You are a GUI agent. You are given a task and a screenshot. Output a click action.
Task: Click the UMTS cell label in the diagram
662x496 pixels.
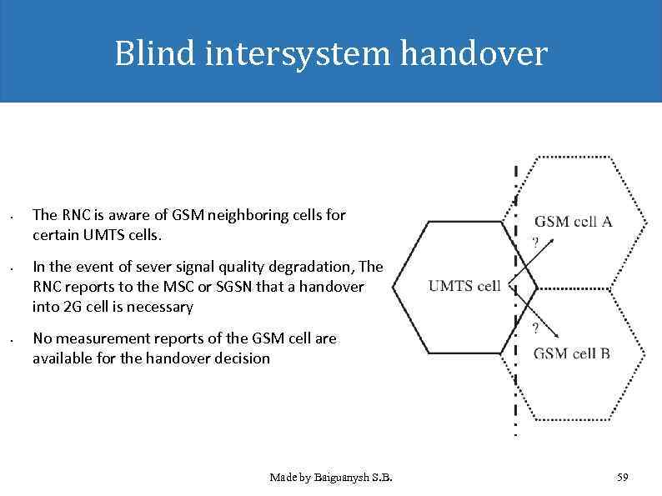[464, 286]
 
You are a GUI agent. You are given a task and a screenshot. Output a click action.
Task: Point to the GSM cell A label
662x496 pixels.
[573, 221]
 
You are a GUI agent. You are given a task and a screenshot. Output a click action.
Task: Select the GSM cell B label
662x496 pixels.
[571, 353]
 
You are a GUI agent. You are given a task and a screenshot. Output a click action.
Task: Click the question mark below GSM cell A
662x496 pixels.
[534, 243]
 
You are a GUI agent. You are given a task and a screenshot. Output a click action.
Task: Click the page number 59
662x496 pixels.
[622, 478]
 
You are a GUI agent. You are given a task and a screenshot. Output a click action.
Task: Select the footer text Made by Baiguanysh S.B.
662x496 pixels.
[331, 478]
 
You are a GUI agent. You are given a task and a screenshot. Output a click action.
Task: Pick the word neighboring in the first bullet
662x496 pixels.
[248, 215]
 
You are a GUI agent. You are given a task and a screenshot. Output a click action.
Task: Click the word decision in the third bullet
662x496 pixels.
[242, 358]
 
